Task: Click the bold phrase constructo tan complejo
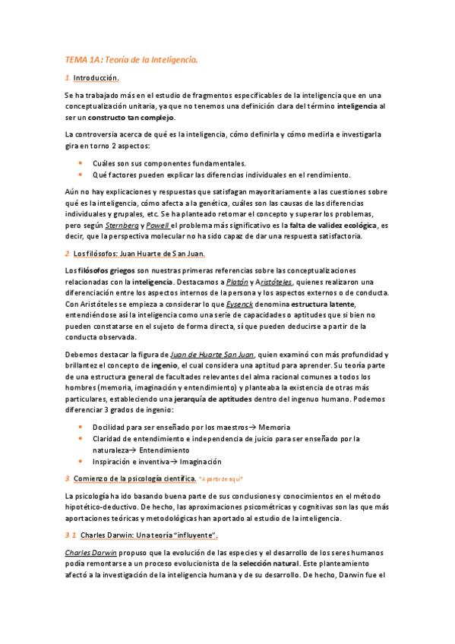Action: point(131,118)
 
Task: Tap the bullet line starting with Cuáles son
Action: point(169,163)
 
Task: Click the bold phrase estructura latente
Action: point(310,305)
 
